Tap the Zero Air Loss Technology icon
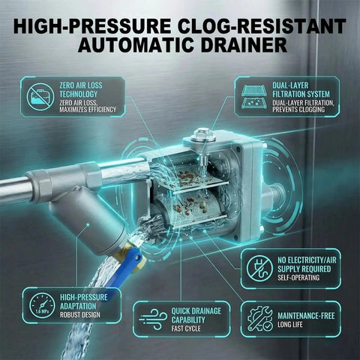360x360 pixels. (39, 97)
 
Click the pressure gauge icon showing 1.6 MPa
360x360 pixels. (42, 304)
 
